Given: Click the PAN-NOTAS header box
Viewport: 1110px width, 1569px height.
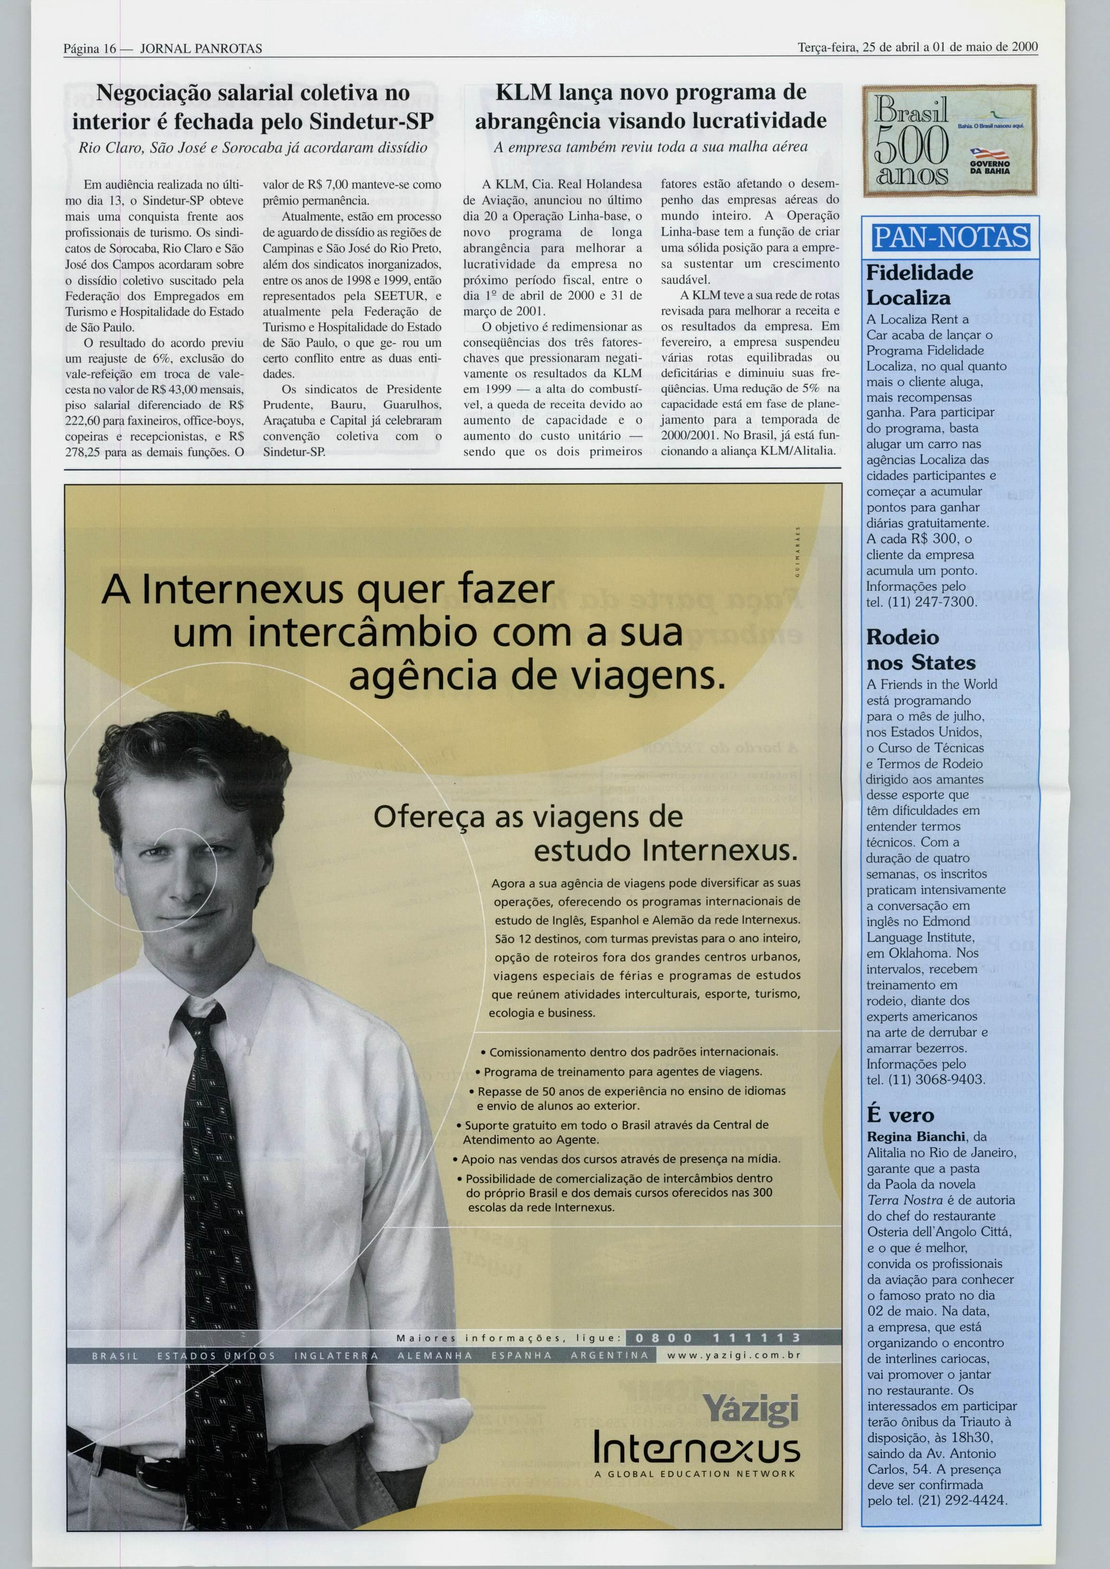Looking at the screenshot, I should (x=951, y=238).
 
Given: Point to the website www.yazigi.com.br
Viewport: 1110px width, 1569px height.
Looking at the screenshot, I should (x=733, y=1355).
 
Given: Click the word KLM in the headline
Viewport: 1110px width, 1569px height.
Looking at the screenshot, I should (x=520, y=93).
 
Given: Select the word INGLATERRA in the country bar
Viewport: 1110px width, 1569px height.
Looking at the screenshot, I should (x=335, y=1355).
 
